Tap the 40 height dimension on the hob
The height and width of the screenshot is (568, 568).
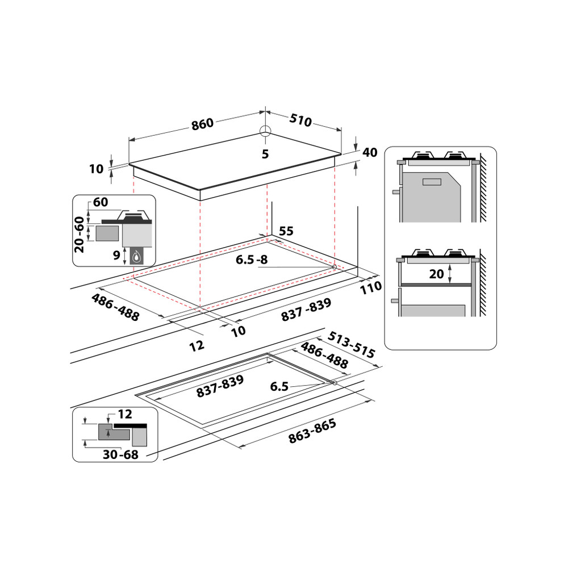370,152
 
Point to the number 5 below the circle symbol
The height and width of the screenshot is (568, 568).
265,154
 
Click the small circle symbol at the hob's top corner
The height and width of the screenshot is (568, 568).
265,131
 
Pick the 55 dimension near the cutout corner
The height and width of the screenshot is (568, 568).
286,231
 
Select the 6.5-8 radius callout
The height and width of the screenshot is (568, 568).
252,260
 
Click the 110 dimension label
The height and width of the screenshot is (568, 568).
371,287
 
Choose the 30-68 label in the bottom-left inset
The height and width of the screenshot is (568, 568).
120,454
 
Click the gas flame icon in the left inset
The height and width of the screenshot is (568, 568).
136,257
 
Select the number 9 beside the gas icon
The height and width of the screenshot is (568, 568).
116,256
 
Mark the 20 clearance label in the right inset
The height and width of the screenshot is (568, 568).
436,274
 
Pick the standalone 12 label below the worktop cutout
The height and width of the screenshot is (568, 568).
197,345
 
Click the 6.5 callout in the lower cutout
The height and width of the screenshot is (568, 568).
279,387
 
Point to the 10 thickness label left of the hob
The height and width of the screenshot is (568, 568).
97,169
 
